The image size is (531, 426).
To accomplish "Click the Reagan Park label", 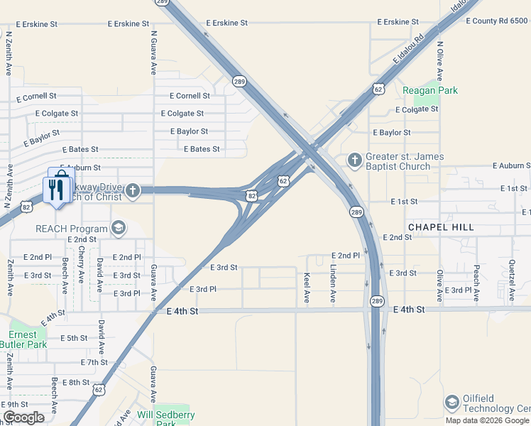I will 430,90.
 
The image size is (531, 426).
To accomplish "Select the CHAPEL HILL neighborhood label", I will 440,226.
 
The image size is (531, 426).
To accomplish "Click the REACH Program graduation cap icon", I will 119,228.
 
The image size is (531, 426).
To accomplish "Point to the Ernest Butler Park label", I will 28,339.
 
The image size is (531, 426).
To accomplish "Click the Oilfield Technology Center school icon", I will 452,403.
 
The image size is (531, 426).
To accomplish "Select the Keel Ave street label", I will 307,288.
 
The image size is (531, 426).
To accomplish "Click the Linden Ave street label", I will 333,285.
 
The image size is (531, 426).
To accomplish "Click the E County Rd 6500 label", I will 497,21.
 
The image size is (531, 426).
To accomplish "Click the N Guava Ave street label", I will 153,53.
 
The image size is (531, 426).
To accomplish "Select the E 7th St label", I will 94,362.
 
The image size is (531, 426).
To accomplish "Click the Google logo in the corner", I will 24,417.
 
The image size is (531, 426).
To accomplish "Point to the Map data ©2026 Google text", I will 487,420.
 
